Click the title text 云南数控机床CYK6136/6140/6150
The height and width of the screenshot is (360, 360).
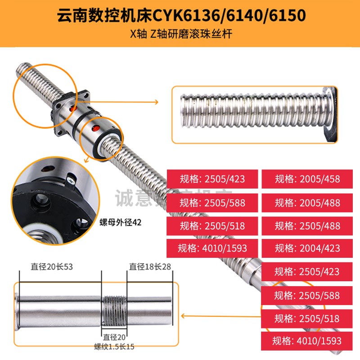[180, 16]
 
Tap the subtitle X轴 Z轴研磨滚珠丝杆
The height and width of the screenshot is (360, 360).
[180, 34]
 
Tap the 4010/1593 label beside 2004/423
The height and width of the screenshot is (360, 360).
[212, 248]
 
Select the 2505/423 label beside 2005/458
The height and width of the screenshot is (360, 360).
[212, 179]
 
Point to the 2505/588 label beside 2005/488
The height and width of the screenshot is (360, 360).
[212, 202]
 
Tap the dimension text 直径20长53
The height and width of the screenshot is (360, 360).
[52, 267]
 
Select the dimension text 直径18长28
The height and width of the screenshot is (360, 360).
[150, 267]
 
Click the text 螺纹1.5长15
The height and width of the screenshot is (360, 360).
[114, 346]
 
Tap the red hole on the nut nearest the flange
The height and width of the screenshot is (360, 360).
[69, 109]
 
